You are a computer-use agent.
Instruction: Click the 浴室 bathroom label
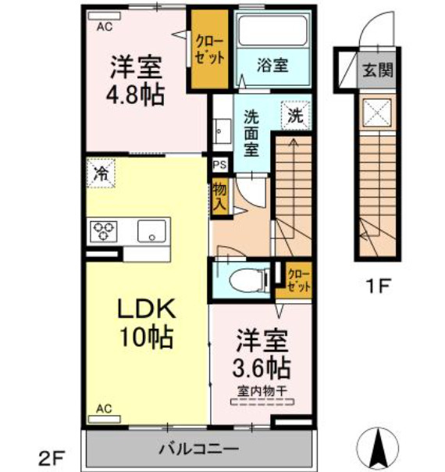272,66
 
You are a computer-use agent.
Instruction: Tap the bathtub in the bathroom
272,33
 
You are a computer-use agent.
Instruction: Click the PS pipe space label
221,165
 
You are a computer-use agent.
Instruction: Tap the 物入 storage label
220,197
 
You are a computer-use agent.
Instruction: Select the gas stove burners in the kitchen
104,231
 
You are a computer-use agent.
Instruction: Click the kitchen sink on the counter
150,231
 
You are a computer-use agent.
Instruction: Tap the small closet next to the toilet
297,279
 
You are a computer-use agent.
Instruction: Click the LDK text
146,309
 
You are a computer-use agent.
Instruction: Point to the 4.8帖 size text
135,95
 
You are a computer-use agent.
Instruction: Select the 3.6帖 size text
263,365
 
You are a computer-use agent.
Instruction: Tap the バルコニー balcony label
199,449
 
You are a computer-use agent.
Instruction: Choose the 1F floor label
378,285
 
